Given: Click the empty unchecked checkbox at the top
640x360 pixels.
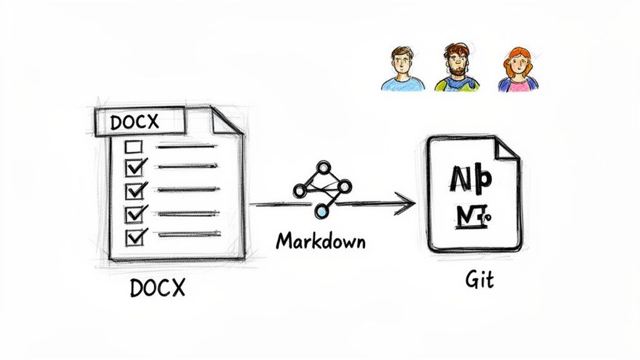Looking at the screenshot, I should [x=134, y=147].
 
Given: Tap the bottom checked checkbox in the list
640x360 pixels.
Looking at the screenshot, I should [x=135, y=237].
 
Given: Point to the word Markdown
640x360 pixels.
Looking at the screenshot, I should [x=321, y=241].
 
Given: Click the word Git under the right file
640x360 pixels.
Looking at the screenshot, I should [x=479, y=279].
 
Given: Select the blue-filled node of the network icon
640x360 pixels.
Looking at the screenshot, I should [x=321, y=212].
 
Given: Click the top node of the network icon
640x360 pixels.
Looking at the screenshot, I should [x=323, y=167].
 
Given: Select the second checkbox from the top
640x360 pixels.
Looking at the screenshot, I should [x=135, y=167].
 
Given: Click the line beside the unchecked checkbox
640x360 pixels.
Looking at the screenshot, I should [x=186, y=147].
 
